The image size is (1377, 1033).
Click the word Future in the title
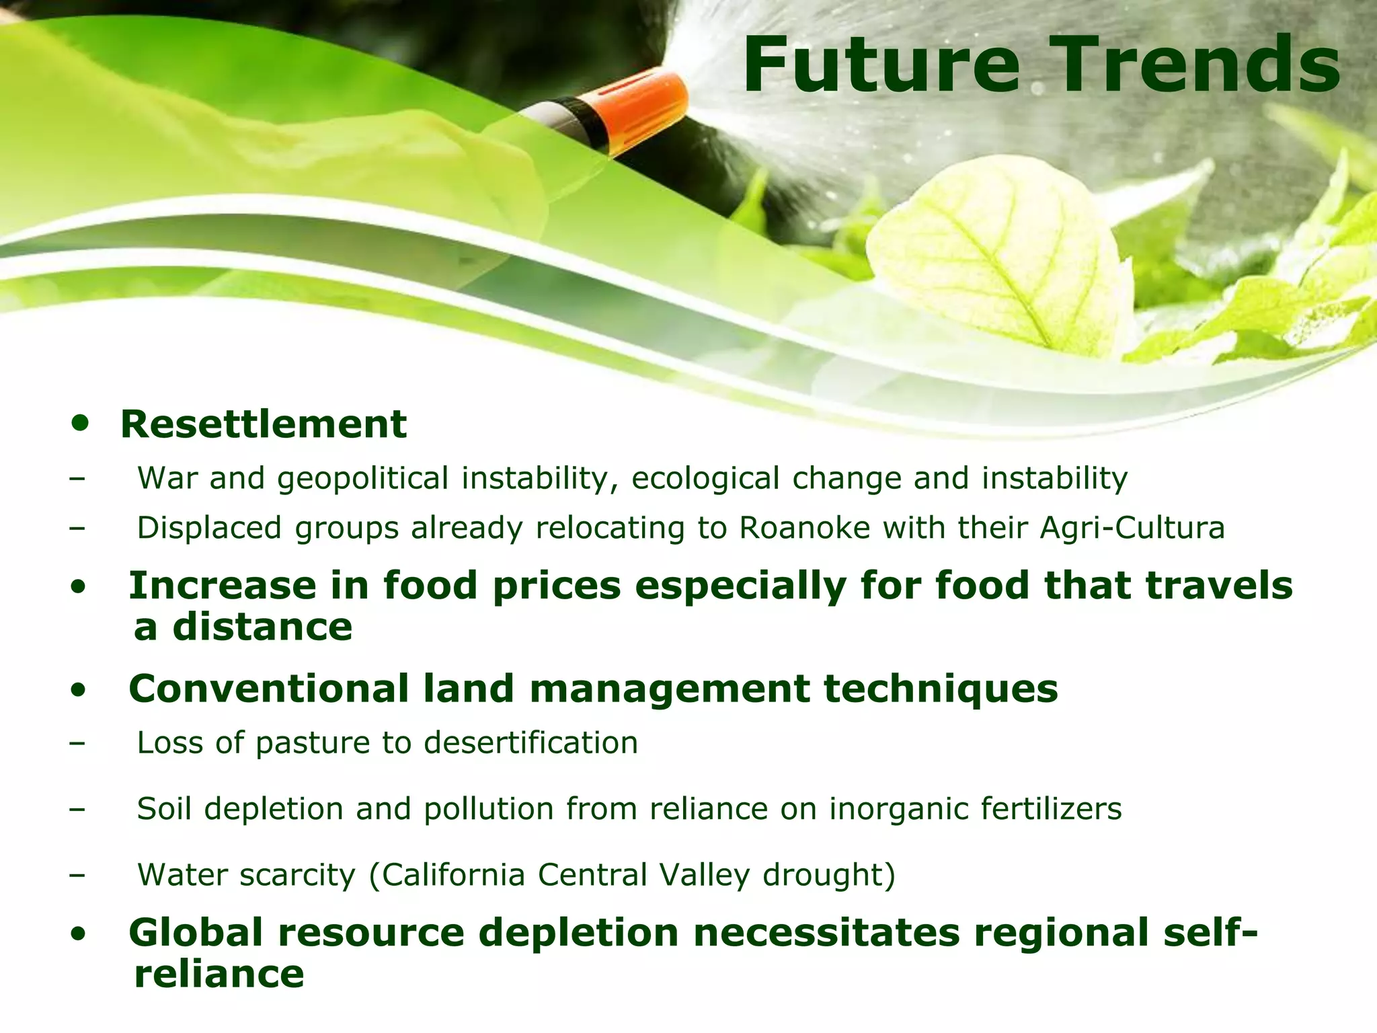pyautogui.click(x=881, y=64)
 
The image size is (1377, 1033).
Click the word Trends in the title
pyautogui.click(x=1190, y=64)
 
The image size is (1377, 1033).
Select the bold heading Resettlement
pyautogui.click(x=264, y=424)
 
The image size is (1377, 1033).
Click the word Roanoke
pyautogui.click(x=805, y=528)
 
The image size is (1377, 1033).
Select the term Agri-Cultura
pyautogui.click(x=1132, y=528)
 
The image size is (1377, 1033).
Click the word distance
pyautogui.click(x=262, y=627)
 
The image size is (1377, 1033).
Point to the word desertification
pyautogui.click(x=531, y=743)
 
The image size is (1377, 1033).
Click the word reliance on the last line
pyautogui.click(x=219, y=974)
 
